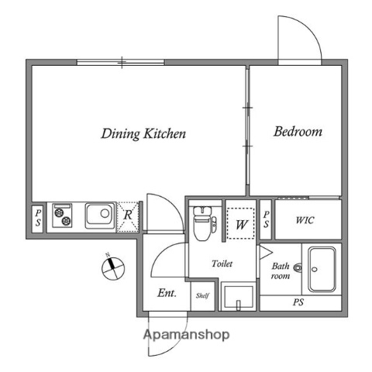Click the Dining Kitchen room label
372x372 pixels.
[143, 134]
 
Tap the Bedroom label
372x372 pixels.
[298, 132]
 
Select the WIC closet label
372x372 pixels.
[305, 220]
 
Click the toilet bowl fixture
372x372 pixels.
[205, 223]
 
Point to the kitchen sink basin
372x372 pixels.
[100, 216]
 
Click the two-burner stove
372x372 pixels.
[62, 215]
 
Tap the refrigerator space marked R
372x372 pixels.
[128, 217]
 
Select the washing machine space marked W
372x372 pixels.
[241, 223]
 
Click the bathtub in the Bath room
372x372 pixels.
[322, 270]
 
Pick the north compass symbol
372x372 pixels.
[113, 267]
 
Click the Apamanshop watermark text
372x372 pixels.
[186, 335]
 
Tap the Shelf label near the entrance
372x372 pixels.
[202, 295]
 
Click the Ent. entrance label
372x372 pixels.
[167, 293]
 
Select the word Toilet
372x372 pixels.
[222, 263]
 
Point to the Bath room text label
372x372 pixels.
[281, 270]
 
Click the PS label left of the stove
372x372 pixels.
[38, 218]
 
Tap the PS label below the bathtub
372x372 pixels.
[298, 302]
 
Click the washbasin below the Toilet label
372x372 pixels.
[239, 297]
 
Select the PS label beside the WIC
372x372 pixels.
[266, 219]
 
